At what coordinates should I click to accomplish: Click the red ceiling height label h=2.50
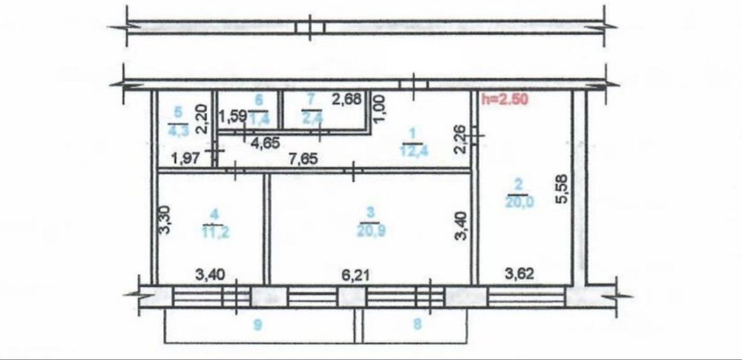point(505,99)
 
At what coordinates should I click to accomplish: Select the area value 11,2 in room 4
point(215,232)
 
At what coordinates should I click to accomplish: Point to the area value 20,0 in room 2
point(518,202)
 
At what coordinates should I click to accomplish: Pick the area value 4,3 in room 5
point(178,129)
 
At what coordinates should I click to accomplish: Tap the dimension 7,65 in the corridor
point(303,159)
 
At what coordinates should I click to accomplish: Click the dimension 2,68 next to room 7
point(347,99)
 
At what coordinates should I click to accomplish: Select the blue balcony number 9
point(257,324)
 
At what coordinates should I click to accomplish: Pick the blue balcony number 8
point(417,324)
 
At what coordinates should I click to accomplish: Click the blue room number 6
point(258,99)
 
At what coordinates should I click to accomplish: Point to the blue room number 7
point(310,99)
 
